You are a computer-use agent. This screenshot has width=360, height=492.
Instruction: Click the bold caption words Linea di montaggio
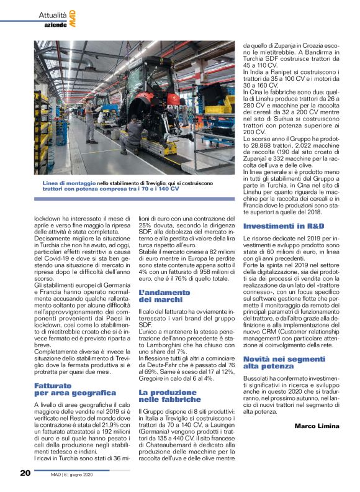(x=69, y=184)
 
